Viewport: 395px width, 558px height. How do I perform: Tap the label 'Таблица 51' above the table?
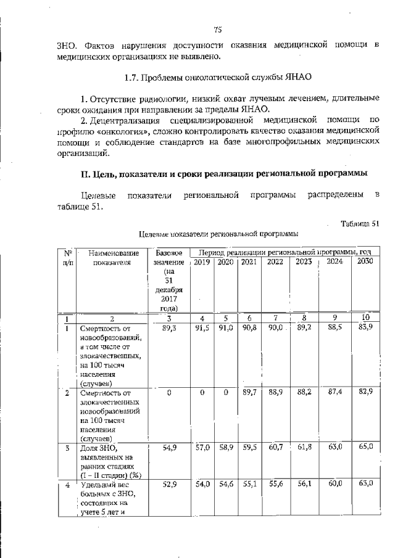360,223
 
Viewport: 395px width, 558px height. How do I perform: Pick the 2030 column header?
365,261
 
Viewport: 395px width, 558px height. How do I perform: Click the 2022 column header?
275,261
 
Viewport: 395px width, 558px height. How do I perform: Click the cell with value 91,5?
202,329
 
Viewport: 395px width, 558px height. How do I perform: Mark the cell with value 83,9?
365,329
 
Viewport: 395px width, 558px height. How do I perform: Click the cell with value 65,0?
365,448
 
